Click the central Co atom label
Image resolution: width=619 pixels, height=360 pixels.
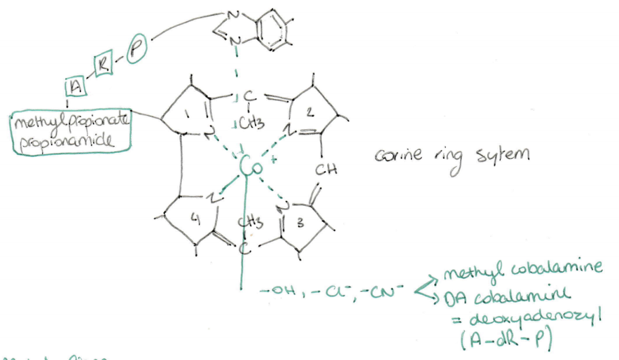tap(247, 166)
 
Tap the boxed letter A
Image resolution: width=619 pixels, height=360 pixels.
tap(75, 87)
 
